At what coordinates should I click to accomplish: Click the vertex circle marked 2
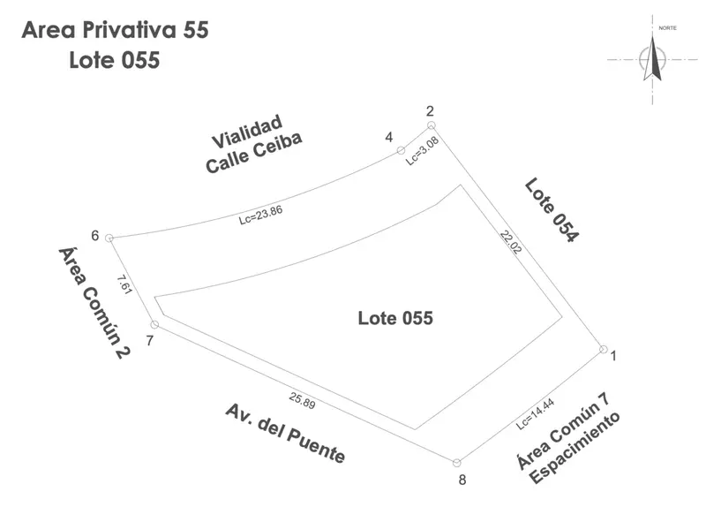coord(431,125)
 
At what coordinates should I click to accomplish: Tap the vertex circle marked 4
coord(401,150)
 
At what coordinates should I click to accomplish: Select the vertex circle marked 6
coord(109,238)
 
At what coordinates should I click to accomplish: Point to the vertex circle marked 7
coord(154,324)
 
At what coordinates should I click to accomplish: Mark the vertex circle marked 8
coord(456,463)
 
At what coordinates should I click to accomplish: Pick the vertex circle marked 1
coord(604,349)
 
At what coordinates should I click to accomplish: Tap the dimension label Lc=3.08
coord(423,151)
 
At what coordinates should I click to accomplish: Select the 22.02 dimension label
coord(510,242)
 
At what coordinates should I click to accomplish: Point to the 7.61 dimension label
coord(124,284)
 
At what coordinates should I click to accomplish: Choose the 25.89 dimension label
coord(302,401)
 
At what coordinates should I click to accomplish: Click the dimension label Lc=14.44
coord(536,414)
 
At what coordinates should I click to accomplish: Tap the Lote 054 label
coord(552,210)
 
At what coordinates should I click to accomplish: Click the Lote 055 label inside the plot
coord(395,318)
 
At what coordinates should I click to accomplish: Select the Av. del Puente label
coord(285,433)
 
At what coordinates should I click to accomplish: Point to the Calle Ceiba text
coord(254,152)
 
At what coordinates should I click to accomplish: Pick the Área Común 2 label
coord(94,303)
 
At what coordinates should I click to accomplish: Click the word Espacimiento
coord(575,448)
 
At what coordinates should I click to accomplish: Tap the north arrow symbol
coord(652,59)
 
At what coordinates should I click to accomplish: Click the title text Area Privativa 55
coord(116,30)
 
